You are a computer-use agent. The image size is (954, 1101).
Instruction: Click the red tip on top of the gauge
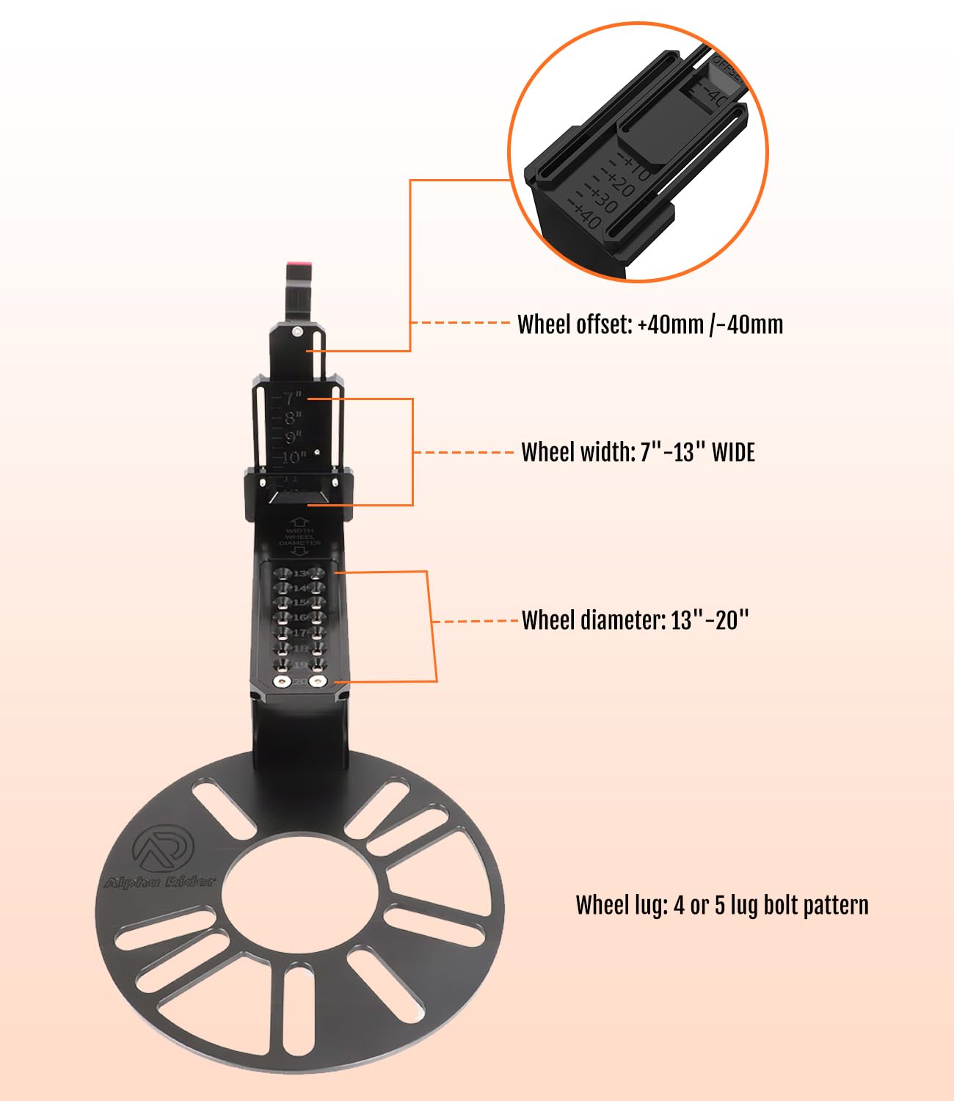[x=298, y=264]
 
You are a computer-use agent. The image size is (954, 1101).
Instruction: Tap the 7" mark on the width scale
[x=293, y=399]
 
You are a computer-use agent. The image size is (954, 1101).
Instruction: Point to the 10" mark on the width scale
[x=294, y=458]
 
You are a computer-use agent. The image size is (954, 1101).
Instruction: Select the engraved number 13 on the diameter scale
[x=300, y=573]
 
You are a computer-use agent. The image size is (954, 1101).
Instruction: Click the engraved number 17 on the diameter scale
[x=300, y=633]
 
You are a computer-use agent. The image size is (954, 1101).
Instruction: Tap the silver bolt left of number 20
[x=280, y=682]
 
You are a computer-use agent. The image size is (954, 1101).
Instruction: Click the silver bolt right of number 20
[x=318, y=682]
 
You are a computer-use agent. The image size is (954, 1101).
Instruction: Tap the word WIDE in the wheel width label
[x=733, y=452]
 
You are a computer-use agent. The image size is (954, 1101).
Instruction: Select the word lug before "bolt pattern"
[x=744, y=905]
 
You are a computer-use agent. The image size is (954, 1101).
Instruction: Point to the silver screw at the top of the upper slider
[x=296, y=332]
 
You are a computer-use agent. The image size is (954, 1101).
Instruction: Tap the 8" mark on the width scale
[x=293, y=418]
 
